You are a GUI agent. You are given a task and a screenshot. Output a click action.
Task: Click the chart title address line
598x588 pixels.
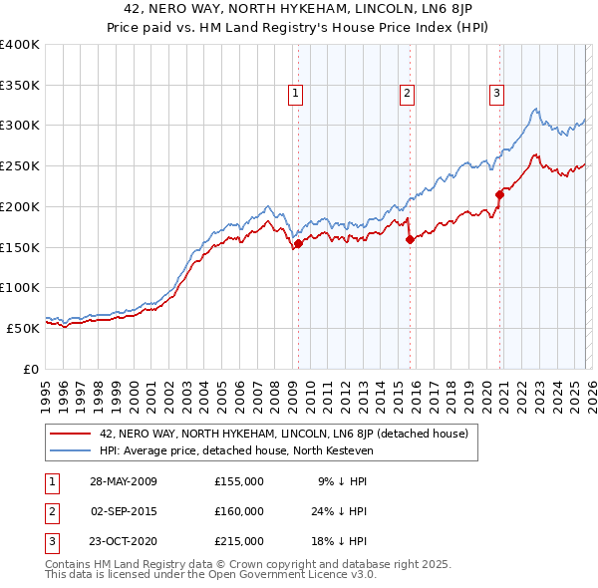(298, 10)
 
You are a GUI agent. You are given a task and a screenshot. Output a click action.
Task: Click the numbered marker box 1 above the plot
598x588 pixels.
(297, 94)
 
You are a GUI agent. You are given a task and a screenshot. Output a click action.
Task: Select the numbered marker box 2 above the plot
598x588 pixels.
(408, 94)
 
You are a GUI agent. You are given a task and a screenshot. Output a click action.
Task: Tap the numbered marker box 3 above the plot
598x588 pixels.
(496, 94)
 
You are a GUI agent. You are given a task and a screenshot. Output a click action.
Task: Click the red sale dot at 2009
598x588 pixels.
(298, 242)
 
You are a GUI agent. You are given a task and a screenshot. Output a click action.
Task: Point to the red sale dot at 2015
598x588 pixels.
(409, 238)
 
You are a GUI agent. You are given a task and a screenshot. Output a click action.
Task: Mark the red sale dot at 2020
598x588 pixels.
(499, 194)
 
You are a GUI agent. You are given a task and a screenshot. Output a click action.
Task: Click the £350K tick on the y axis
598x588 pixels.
(20, 85)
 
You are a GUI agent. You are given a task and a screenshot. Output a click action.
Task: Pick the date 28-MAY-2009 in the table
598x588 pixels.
(123, 480)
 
